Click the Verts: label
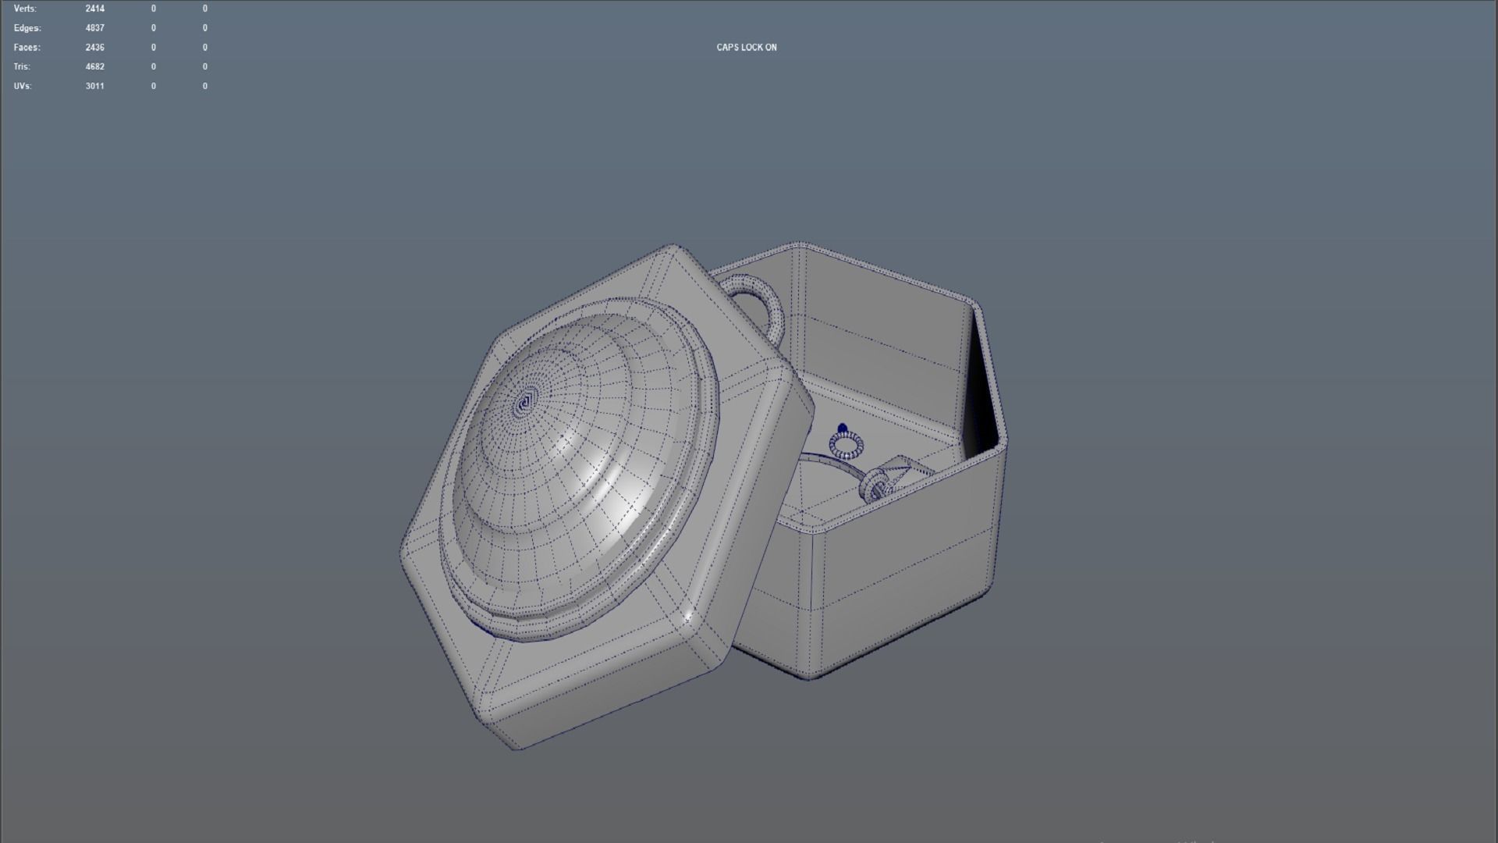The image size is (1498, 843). pyautogui.click(x=25, y=9)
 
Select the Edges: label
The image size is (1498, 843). pyautogui.click(x=27, y=28)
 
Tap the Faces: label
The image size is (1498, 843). pyautogui.click(x=27, y=48)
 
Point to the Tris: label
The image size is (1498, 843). pyautogui.click(x=22, y=67)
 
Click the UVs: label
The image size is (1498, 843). pyautogui.click(x=23, y=86)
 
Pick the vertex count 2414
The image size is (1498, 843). pyautogui.click(x=94, y=9)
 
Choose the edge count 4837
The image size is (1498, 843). pyautogui.click(x=94, y=28)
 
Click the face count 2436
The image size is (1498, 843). pyautogui.click(x=94, y=48)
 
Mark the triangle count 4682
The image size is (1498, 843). pyautogui.click(x=94, y=67)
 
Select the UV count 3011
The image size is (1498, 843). pyautogui.click(x=94, y=86)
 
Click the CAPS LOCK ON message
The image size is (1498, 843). pyautogui.click(x=746, y=48)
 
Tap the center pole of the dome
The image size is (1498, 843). pyautogui.click(x=524, y=404)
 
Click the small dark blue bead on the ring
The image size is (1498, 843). pyautogui.click(x=842, y=429)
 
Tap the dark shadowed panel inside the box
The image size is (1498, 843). pyautogui.click(x=982, y=390)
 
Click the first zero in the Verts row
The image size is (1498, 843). pyautogui.click(x=154, y=9)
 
